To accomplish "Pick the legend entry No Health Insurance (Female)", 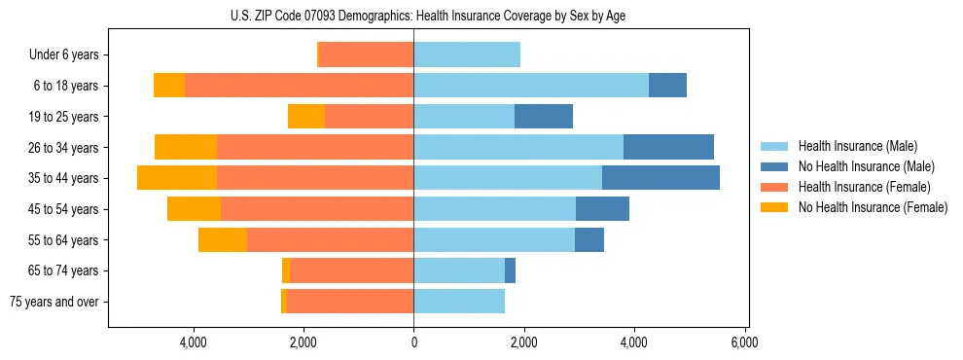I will click(873, 207).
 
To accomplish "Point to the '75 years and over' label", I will click(54, 302).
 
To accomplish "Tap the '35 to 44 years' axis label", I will click(64, 178).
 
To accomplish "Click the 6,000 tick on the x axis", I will click(744, 342).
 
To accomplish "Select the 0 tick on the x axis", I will click(413, 342).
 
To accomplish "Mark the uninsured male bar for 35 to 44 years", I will click(660, 178).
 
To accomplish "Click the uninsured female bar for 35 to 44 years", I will click(177, 178).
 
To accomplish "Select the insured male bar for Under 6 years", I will click(467, 54).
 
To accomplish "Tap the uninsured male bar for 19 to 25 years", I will click(543, 117).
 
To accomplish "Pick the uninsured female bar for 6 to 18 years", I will click(169, 86).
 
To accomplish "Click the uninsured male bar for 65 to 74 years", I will click(510, 270).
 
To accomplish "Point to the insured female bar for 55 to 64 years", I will click(330, 239).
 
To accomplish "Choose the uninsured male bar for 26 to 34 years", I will click(668, 147).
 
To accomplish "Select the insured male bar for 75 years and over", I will click(459, 302).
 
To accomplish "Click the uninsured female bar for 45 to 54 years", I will click(194, 209).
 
